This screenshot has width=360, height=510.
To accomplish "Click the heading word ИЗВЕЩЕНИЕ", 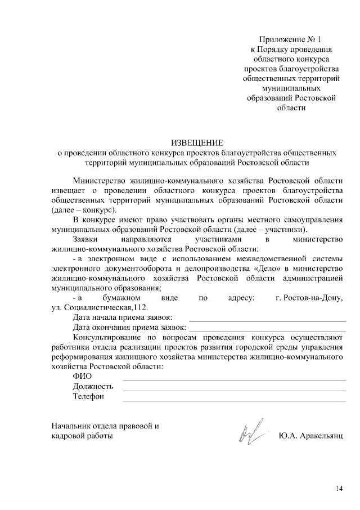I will coord(197,142).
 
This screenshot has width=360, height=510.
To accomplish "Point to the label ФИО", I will coord(82,375).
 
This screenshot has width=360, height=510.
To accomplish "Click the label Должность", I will coord(93,386).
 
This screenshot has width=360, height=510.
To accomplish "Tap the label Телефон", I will coord(88,397).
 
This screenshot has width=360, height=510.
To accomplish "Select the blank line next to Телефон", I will coord(234,400).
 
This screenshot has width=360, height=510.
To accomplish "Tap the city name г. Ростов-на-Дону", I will coord(308,297).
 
